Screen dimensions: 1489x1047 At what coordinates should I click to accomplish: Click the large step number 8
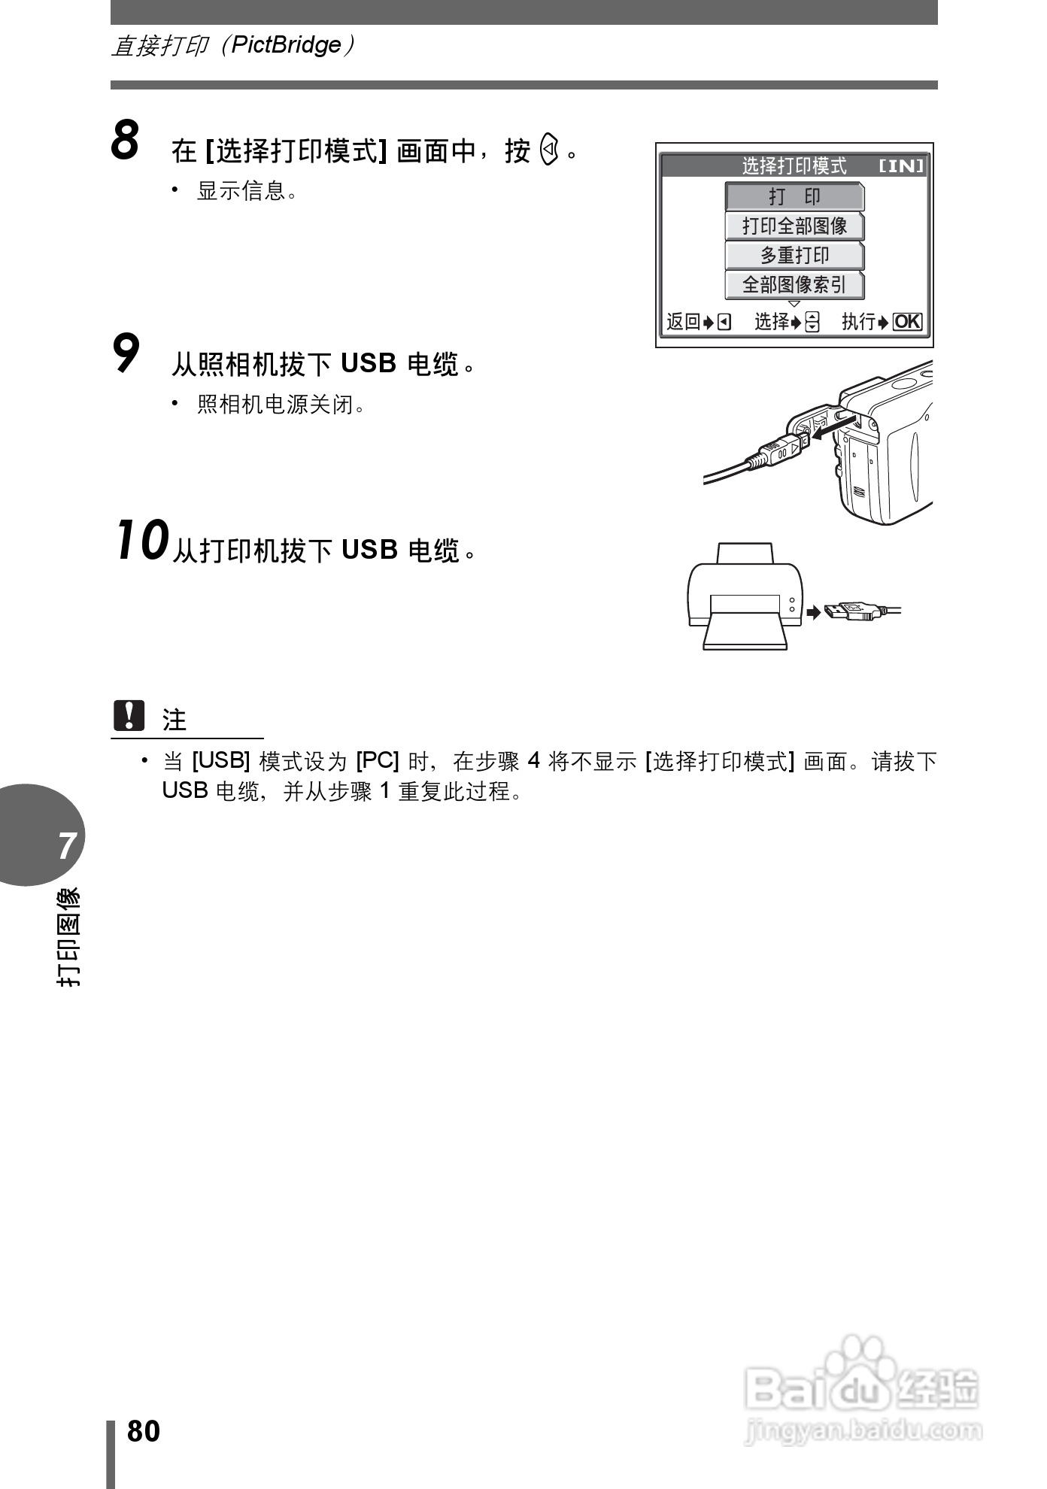[x=126, y=141]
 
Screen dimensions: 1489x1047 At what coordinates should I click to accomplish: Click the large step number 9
[x=126, y=354]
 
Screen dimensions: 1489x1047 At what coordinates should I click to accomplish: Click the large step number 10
[x=141, y=541]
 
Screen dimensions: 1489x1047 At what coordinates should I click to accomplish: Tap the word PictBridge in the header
[x=286, y=45]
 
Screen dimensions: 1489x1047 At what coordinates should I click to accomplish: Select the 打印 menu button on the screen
[x=794, y=197]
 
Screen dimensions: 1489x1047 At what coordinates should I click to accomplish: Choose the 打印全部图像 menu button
[x=794, y=226]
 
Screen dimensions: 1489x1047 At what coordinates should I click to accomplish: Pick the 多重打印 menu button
[x=794, y=256]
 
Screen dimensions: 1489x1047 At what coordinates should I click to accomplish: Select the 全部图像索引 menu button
[x=794, y=285]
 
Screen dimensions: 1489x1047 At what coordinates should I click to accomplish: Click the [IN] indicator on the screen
[x=901, y=165]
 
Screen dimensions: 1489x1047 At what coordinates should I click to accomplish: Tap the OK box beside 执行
[x=907, y=322]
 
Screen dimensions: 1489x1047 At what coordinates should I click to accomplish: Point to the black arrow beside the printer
[x=813, y=612]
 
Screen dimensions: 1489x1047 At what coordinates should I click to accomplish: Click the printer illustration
[x=745, y=598]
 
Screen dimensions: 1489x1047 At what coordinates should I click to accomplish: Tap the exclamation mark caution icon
[x=129, y=716]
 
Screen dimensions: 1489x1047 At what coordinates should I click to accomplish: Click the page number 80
[x=144, y=1431]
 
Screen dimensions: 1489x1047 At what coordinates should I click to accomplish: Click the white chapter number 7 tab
[x=67, y=845]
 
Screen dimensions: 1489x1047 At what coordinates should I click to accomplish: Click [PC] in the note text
[x=377, y=761]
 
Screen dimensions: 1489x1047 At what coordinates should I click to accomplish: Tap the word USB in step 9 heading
[x=369, y=364]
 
